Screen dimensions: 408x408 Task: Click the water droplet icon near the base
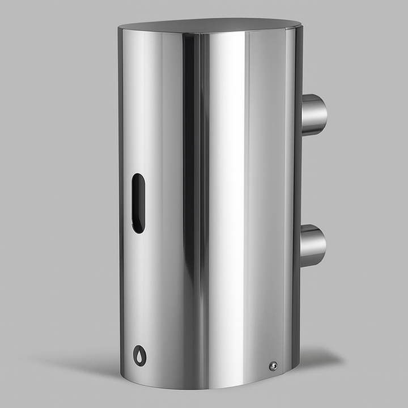[x=139, y=355]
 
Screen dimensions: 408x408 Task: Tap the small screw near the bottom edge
[x=273, y=365]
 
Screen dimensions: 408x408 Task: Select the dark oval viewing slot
[x=138, y=203]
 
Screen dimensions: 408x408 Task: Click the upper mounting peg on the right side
[x=313, y=114]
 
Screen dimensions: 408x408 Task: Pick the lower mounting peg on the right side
[x=312, y=245]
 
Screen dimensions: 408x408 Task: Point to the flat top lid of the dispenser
[x=210, y=25]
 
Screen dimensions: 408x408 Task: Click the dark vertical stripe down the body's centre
[x=192, y=204]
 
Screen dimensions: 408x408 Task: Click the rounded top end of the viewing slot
[x=138, y=178]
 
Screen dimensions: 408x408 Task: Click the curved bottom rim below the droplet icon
[x=142, y=379]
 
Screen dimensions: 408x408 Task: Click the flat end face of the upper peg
[x=324, y=114]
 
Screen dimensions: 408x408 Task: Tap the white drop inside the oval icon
[x=139, y=356]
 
